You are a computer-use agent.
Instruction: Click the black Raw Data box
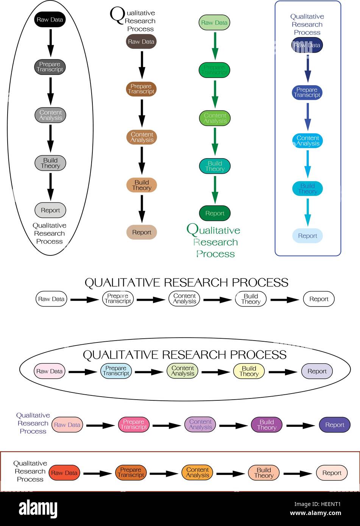(x=50, y=20)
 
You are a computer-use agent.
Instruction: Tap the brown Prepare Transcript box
(x=141, y=89)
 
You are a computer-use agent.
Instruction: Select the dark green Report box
(x=215, y=213)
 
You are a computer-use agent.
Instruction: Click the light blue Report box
(x=307, y=236)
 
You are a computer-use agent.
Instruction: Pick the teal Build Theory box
(x=215, y=166)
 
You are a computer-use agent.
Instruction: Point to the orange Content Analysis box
(x=197, y=473)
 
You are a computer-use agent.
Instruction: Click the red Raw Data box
(x=64, y=473)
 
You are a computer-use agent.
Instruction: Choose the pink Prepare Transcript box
(x=134, y=425)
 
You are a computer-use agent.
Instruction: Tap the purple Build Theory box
(x=266, y=425)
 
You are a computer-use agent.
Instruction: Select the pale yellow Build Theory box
(x=249, y=371)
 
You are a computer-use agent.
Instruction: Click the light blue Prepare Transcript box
(x=116, y=371)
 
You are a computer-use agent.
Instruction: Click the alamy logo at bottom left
(x=38, y=509)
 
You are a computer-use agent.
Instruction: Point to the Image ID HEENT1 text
(x=317, y=504)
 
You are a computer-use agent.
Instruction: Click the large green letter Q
(x=192, y=229)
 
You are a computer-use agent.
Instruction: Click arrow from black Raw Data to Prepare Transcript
(x=50, y=42)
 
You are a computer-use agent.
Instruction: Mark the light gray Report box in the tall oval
(x=50, y=210)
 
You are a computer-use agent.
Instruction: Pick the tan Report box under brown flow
(x=142, y=232)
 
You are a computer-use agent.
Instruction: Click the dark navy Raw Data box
(x=307, y=45)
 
